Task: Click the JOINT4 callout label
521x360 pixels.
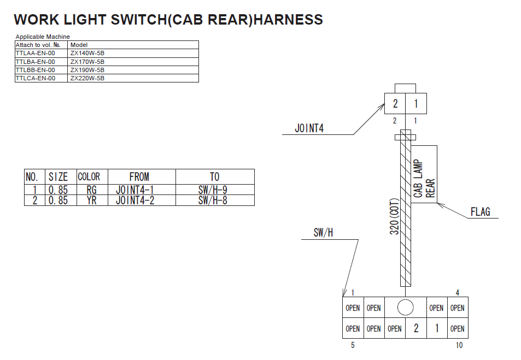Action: (309, 129)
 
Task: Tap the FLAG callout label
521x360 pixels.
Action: (480, 212)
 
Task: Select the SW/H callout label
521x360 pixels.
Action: (323, 233)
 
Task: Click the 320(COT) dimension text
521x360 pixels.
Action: (394, 216)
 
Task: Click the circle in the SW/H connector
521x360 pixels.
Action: (405, 308)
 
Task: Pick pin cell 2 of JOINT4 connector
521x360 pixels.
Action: (395, 104)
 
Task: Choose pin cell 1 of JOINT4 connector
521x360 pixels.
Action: (416, 104)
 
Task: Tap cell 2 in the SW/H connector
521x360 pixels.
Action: (416, 328)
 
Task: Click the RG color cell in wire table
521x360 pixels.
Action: (91, 190)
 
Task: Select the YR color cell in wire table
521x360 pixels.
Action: (91, 200)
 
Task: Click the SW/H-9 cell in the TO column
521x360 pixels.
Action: (214, 190)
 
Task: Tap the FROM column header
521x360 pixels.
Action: (139, 177)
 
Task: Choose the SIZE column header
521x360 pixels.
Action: (58, 177)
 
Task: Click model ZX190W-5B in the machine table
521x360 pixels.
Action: (87, 70)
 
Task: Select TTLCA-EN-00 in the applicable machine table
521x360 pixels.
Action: (36, 78)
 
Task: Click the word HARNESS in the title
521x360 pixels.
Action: (289, 20)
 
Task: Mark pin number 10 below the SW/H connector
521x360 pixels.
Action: (459, 345)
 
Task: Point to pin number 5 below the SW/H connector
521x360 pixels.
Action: (353, 345)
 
